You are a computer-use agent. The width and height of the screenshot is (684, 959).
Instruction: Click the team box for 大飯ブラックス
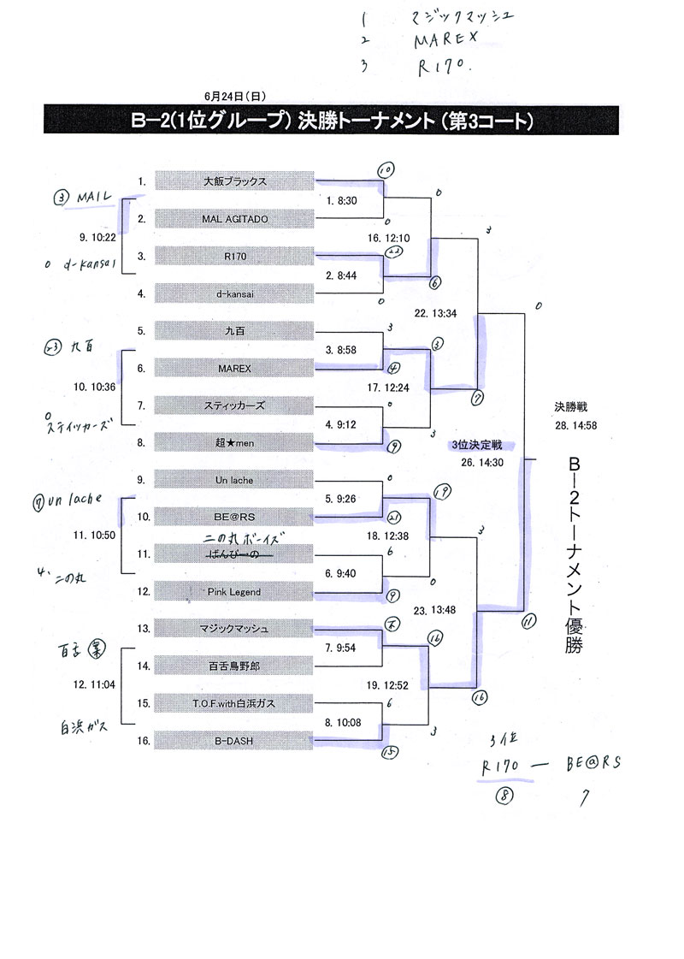[235, 181]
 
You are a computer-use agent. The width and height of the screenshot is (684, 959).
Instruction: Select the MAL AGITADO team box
[235, 219]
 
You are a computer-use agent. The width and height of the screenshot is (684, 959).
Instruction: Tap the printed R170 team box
[235, 256]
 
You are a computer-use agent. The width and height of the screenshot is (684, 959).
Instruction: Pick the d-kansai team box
[235, 293]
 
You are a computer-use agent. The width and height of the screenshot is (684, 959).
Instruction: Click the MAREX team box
[235, 368]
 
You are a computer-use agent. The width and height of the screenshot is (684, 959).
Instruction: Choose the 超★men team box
[235, 443]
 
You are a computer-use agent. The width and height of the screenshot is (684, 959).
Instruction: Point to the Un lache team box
[235, 481]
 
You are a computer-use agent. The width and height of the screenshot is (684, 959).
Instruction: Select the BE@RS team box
[235, 517]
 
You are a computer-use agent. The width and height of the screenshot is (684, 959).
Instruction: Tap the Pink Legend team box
[235, 592]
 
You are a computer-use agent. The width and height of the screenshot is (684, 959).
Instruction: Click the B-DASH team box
[235, 741]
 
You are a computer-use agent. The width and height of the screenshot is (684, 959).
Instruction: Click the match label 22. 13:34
[434, 313]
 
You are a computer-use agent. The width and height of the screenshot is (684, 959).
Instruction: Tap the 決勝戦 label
[571, 408]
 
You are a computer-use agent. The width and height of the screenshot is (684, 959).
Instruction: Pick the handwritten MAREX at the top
[444, 40]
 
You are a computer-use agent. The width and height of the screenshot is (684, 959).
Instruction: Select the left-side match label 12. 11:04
[96, 685]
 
